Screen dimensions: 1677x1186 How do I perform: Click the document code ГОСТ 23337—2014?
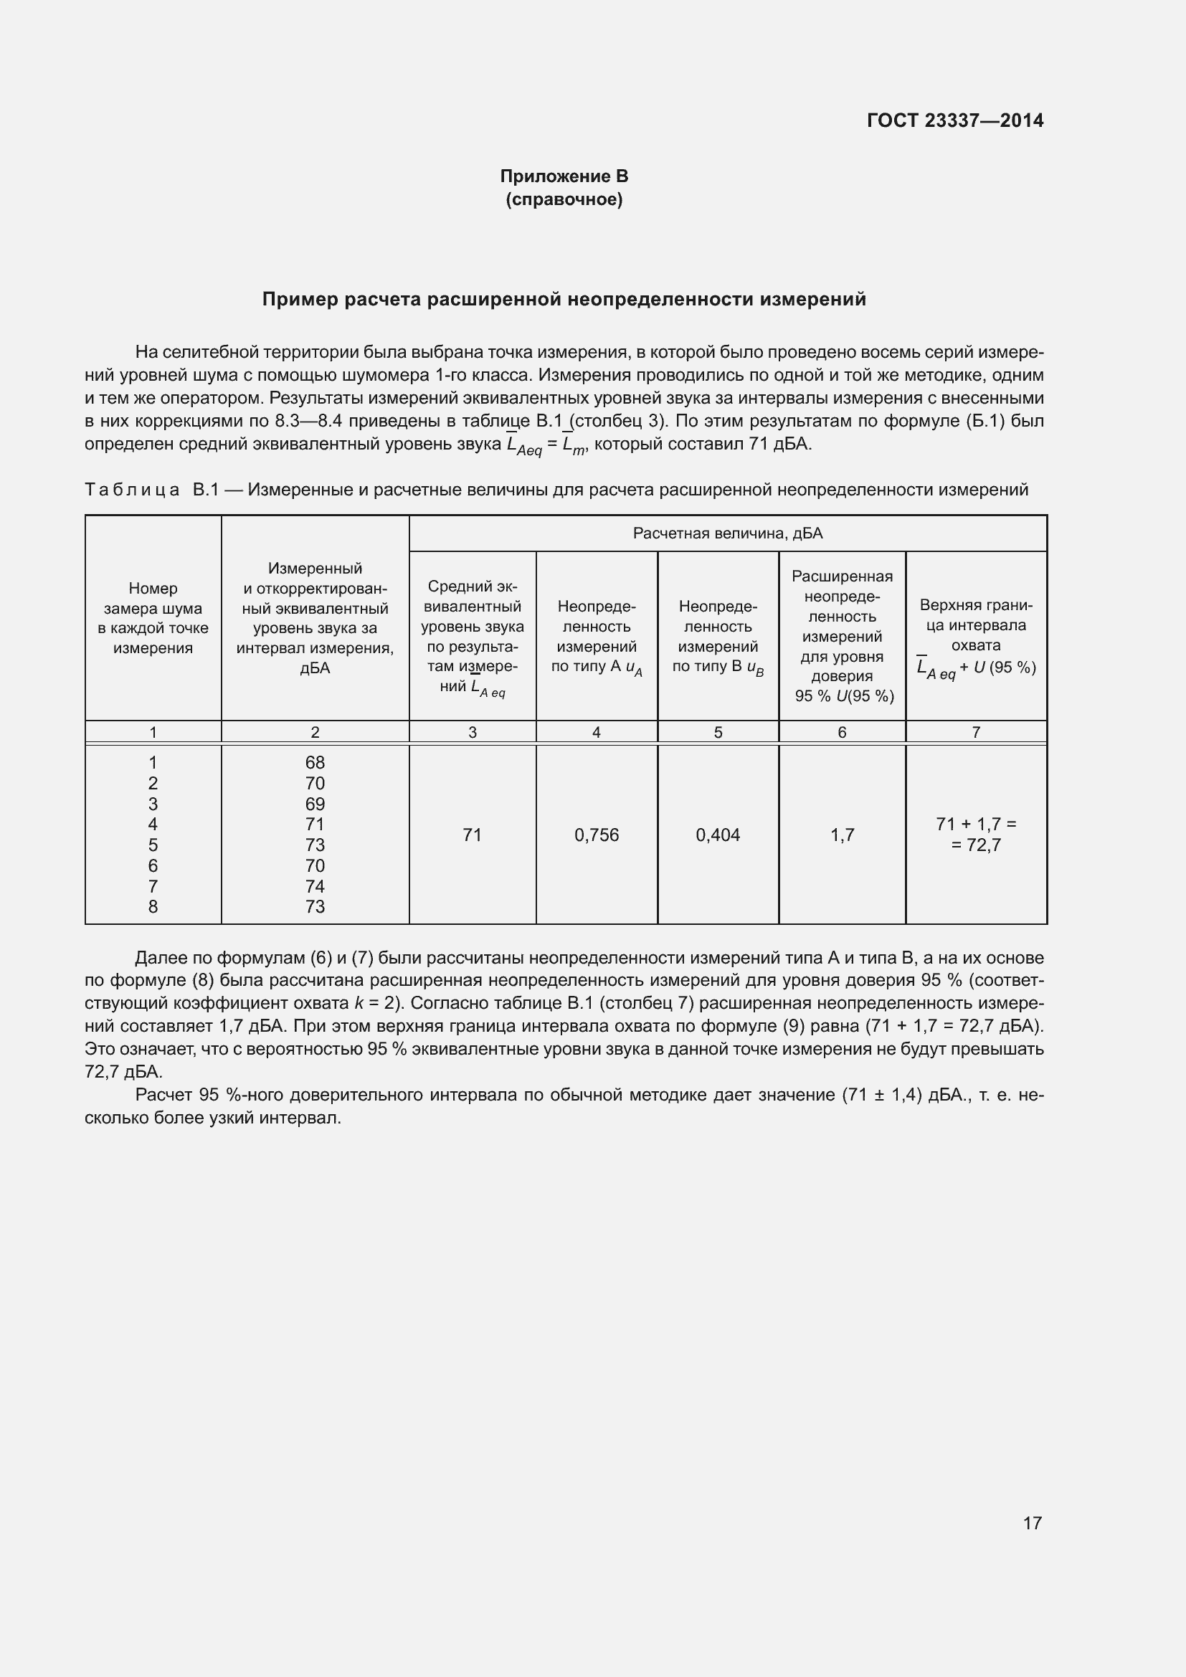pyautogui.click(x=954, y=120)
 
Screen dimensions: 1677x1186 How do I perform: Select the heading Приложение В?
pyautogui.click(x=564, y=176)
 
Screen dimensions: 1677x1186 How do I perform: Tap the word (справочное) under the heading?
pyautogui.click(x=564, y=199)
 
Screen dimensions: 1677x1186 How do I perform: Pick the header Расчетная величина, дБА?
pyautogui.click(x=727, y=533)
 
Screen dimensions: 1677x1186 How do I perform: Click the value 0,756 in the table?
pyautogui.click(x=596, y=835)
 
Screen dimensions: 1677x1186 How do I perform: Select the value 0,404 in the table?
pyautogui.click(x=718, y=835)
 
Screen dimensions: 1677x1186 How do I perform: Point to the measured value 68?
pyautogui.click(x=315, y=763)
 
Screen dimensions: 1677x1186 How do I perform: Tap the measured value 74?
pyautogui.click(x=315, y=886)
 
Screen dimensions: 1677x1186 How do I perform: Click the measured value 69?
pyautogui.click(x=315, y=804)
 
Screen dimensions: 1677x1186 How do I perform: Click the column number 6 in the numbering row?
pyautogui.click(x=842, y=732)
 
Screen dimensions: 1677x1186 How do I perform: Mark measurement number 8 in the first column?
pyautogui.click(x=153, y=906)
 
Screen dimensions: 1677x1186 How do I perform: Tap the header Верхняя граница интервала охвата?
pyautogui.click(x=976, y=625)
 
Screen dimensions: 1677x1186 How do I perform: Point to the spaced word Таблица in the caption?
pyautogui.click(x=132, y=490)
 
